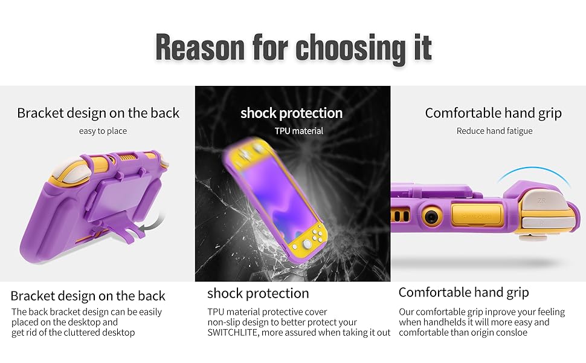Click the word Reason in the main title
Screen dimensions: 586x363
tap(200, 47)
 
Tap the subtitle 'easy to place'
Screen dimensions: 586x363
tap(103, 131)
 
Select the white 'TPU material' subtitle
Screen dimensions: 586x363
tap(299, 131)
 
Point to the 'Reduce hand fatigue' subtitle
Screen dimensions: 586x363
tap(494, 131)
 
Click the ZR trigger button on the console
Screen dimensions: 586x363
tap(541, 201)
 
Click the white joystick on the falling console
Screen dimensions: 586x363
tap(307, 244)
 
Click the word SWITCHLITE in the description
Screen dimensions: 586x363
tap(233, 332)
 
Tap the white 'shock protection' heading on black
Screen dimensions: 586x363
tap(292, 113)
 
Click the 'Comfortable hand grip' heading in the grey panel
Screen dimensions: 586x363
tap(494, 113)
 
